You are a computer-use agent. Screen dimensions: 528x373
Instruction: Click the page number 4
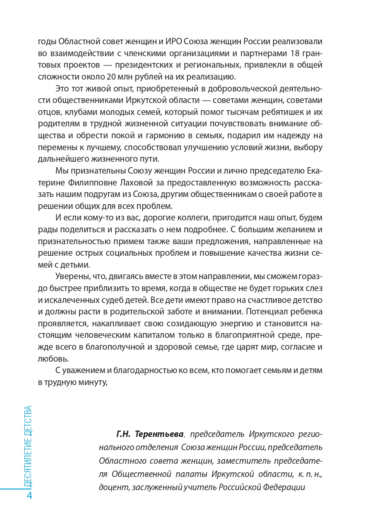[x=29, y=496]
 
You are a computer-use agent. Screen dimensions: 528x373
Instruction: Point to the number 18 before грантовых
[x=293, y=53]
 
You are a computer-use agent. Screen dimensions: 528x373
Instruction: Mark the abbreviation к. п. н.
[x=311, y=474]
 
